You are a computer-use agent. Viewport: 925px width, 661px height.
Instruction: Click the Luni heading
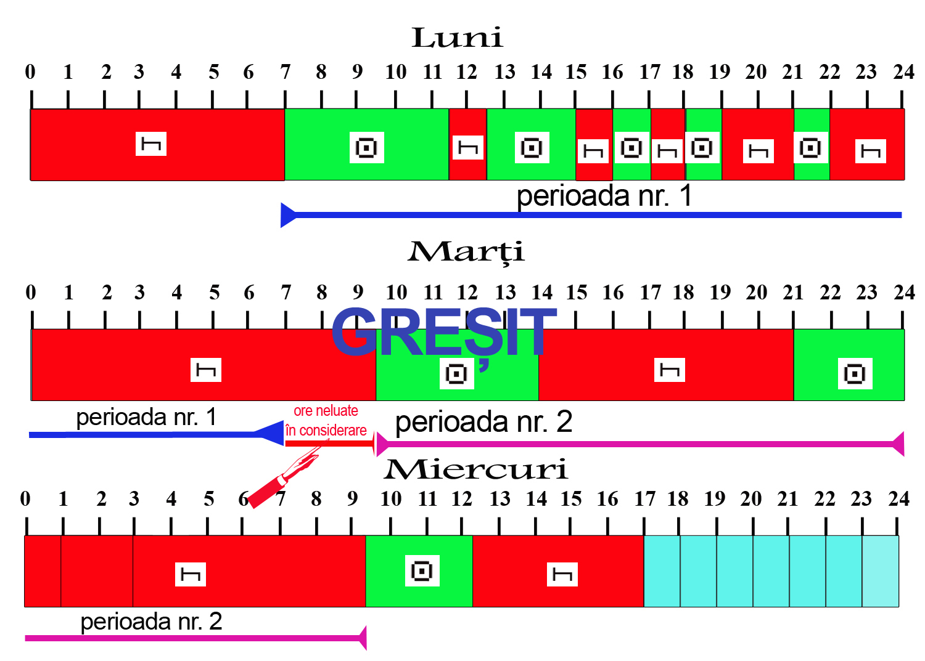tap(457, 38)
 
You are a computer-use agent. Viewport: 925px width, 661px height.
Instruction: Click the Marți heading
tap(466, 251)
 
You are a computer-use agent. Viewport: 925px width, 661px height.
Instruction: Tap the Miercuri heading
tap(475, 469)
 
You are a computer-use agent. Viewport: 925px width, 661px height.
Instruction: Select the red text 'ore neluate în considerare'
tap(326, 421)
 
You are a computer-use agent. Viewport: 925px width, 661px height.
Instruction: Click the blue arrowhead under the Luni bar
tap(289, 215)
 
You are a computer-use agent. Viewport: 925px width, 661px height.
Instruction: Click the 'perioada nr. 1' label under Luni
tap(604, 196)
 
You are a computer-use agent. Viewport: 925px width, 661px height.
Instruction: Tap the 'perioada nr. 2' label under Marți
tap(483, 422)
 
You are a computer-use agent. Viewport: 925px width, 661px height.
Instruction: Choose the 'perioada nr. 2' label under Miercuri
tap(151, 621)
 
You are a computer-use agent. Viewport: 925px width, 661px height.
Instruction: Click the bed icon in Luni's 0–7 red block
tap(151, 144)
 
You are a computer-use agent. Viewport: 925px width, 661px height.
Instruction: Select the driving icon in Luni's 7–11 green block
tap(367, 148)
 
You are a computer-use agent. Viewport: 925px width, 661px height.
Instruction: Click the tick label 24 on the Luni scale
tap(903, 72)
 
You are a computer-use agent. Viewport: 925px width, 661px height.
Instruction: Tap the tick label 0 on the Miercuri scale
tap(25, 498)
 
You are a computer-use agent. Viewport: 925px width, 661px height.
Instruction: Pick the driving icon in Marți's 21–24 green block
tap(855, 373)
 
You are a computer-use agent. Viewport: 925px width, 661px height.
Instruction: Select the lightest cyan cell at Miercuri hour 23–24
tap(880, 571)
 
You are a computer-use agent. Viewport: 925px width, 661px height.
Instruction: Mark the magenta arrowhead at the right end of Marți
tap(898, 444)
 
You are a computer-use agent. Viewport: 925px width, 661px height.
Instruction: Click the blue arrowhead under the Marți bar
tap(270, 434)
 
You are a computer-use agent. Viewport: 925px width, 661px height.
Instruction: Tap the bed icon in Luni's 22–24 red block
tap(870, 151)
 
